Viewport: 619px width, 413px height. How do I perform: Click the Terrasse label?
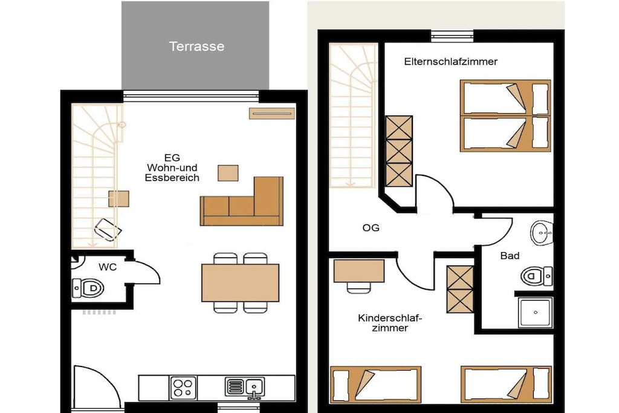click(x=196, y=46)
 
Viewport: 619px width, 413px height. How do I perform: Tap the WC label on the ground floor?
click(x=108, y=267)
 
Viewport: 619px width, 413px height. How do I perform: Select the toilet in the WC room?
click(x=88, y=288)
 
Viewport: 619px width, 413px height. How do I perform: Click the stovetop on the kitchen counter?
click(x=183, y=388)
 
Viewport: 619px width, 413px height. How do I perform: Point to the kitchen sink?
click(x=245, y=388)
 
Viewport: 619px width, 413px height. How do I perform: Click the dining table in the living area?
click(x=240, y=283)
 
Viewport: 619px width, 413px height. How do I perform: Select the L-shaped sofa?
click(x=242, y=201)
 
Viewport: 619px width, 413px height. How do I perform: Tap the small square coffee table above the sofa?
click(x=228, y=173)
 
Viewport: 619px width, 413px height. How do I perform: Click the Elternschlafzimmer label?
click(x=450, y=62)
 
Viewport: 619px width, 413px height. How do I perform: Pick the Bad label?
click(x=510, y=256)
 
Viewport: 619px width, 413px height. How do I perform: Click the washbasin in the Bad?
click(x=542, y=233)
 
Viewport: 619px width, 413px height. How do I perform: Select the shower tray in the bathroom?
click(x=536, y=312)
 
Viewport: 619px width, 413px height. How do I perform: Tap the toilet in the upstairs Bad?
click(x=537, y=276)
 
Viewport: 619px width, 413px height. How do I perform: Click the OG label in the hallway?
click(x=371, y=228)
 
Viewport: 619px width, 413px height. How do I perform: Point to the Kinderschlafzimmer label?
click(x=390, y=323)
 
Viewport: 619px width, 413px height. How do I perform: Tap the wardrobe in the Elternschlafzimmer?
click(x=399, y=151)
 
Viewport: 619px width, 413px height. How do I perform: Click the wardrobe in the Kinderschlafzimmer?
click(x=460, y=290)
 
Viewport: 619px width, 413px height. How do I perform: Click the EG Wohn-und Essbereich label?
click(x=172, y=168)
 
